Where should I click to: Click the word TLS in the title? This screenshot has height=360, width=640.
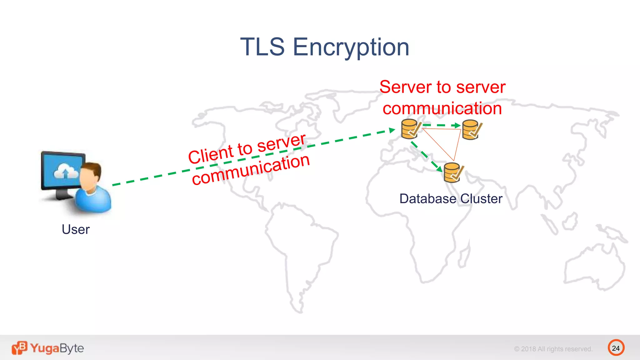262,47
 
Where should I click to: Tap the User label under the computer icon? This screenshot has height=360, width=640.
76,229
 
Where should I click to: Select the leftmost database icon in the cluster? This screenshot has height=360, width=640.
410,129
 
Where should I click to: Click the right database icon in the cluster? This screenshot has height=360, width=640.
471,129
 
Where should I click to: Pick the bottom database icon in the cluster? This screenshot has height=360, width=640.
453,172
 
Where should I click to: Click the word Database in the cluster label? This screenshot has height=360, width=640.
427,199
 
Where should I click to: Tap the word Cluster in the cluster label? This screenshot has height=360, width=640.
481,199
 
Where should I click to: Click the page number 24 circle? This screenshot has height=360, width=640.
616,348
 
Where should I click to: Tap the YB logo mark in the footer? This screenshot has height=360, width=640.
19,348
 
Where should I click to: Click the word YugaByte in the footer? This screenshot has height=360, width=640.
57,348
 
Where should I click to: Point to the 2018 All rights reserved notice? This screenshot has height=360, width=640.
553,349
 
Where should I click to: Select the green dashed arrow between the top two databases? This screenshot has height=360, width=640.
441,125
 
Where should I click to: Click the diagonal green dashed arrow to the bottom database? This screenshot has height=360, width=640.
427,156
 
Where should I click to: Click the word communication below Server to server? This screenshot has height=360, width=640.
442,108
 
